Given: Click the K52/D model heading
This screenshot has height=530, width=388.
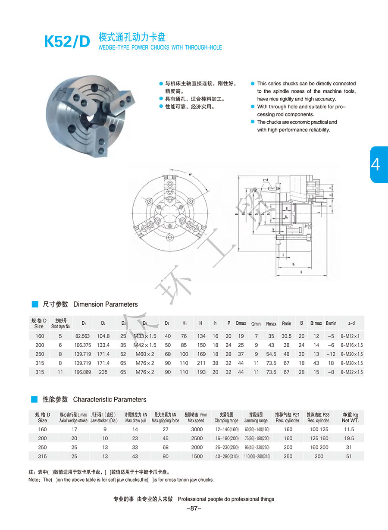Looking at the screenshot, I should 67,41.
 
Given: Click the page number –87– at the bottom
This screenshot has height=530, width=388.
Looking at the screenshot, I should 194,509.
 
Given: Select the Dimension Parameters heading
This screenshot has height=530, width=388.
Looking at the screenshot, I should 106,304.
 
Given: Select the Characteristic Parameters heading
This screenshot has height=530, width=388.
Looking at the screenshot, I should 110,400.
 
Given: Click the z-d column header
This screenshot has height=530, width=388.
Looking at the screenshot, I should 351,323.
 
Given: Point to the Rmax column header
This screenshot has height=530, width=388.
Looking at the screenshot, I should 271,323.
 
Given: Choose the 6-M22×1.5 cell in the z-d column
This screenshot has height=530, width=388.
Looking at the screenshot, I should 352,372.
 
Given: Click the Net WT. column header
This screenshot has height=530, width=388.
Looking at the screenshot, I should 350,417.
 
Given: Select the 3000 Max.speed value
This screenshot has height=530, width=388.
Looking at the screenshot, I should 197,430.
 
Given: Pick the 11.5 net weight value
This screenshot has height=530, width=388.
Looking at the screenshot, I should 350,430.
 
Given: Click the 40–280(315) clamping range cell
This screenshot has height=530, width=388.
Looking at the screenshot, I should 226,456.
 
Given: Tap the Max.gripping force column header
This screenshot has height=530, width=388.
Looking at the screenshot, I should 166,417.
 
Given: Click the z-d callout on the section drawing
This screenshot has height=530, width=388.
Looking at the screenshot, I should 266,179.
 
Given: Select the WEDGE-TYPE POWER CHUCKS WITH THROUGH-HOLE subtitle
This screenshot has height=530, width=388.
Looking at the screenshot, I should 160,47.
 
